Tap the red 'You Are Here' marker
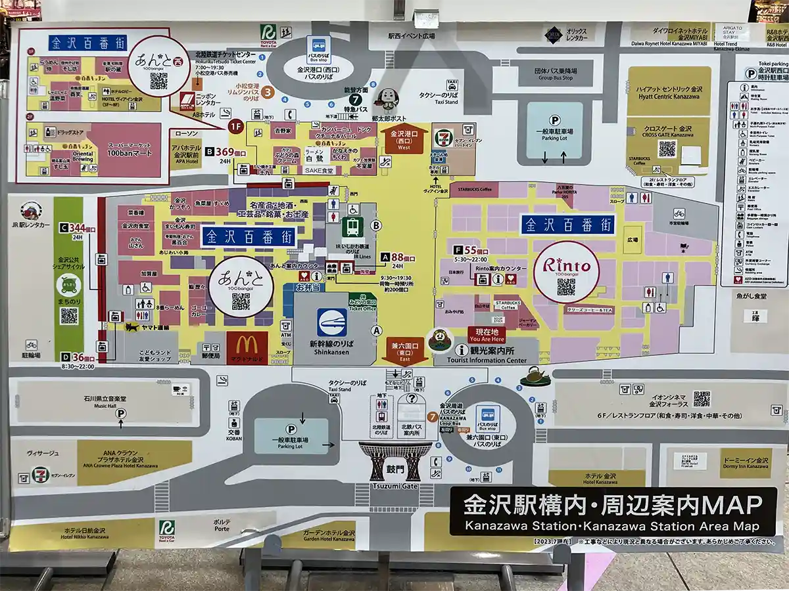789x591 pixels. pyautogui.click(x=486, y=335)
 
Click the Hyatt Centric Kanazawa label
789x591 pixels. pyautogui.click(x=668, y=91)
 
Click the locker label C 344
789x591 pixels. pyautogui.click(x=78, y=230)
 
